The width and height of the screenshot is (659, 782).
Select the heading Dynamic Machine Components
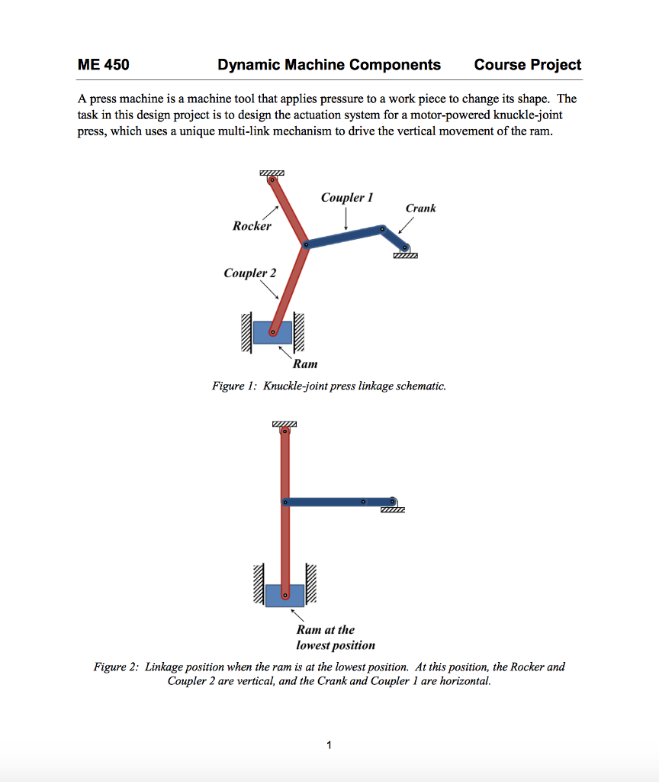pyautogui.click(x=329, y=65)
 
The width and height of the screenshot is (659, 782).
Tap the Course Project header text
pyautogui.click(x=527, y=65)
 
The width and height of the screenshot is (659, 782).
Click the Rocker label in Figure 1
pyautogui.click(x=252, y=226)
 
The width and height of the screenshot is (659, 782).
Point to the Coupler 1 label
pyautogui.click(x=346, y=198)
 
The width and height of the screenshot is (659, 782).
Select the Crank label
pyautogui.click(x=420, y=208)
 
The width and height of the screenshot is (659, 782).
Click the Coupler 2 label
pyautogui.click(x=250, y=273)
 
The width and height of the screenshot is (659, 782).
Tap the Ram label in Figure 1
pyautogui.click(x=305, y=364)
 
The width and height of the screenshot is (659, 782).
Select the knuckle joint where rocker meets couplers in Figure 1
pyautogui.click(x=305, y=245)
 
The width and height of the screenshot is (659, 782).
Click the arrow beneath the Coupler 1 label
pyautogui.click(x=346, y=219)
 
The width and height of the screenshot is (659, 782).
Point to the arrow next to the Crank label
pyautogui.click(x=405, y=226)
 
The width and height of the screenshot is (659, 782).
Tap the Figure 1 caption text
pyautogui.click(x=329, y=386)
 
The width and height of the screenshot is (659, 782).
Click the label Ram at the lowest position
pyautogui.click(x=336, y=638)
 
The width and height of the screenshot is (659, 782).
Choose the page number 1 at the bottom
pyautogui.click(x=329, y=745)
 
